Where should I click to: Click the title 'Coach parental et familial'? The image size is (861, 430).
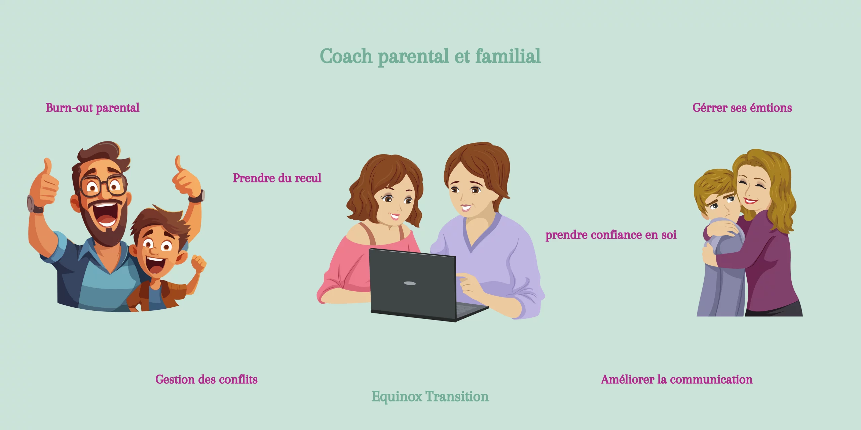click(430, 56)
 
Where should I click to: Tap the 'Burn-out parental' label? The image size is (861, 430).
click(92, 108)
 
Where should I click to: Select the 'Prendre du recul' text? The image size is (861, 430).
click(277, 178)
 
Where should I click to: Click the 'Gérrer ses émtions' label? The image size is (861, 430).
click(742, 108)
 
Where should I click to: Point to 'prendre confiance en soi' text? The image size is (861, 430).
click(611, 235)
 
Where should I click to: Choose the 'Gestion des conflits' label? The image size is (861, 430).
click(207, 380)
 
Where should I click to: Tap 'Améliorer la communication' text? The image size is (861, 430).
click(677, 380)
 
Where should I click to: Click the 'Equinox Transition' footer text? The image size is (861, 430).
click(430, 397)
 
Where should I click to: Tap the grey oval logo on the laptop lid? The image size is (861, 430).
click(410, 283)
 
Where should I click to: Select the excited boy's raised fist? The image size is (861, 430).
click(199, 263)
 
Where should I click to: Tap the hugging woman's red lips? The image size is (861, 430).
click(751, 201)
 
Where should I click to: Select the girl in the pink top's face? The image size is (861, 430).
click(396, 202)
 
